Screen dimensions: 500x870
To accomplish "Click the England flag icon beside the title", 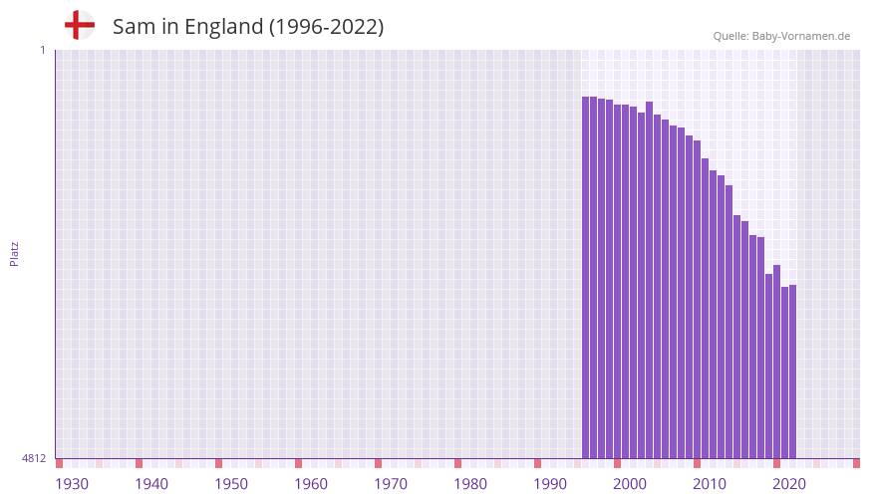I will tap(80, 25).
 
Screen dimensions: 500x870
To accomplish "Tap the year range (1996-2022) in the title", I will tap(326, 27).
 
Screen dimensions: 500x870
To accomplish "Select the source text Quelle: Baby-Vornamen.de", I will tap(781, 36).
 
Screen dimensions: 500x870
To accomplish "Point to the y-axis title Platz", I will tap(14, 253).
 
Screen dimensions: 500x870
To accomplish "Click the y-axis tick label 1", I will tap(42, 50).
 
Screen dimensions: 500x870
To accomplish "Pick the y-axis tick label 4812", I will tap(34, 458).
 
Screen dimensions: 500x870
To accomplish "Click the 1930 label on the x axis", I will tap(72, 484).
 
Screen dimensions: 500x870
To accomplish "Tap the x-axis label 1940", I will tap(151, 484).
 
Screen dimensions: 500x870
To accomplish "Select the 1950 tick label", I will tap(231, 484).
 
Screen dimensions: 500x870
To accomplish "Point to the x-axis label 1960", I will tap(311, 484).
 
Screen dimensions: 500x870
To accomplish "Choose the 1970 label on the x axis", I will tap(391, 484).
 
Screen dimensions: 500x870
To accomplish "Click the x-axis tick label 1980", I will tap(470, 484).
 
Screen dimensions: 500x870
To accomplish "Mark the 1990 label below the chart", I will tap(550, 484).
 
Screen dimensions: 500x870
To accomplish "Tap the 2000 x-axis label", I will tap(630, 484).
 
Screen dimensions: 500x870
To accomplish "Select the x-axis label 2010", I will tap(710, 484).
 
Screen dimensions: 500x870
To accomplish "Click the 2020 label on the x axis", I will tap(789, 484).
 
